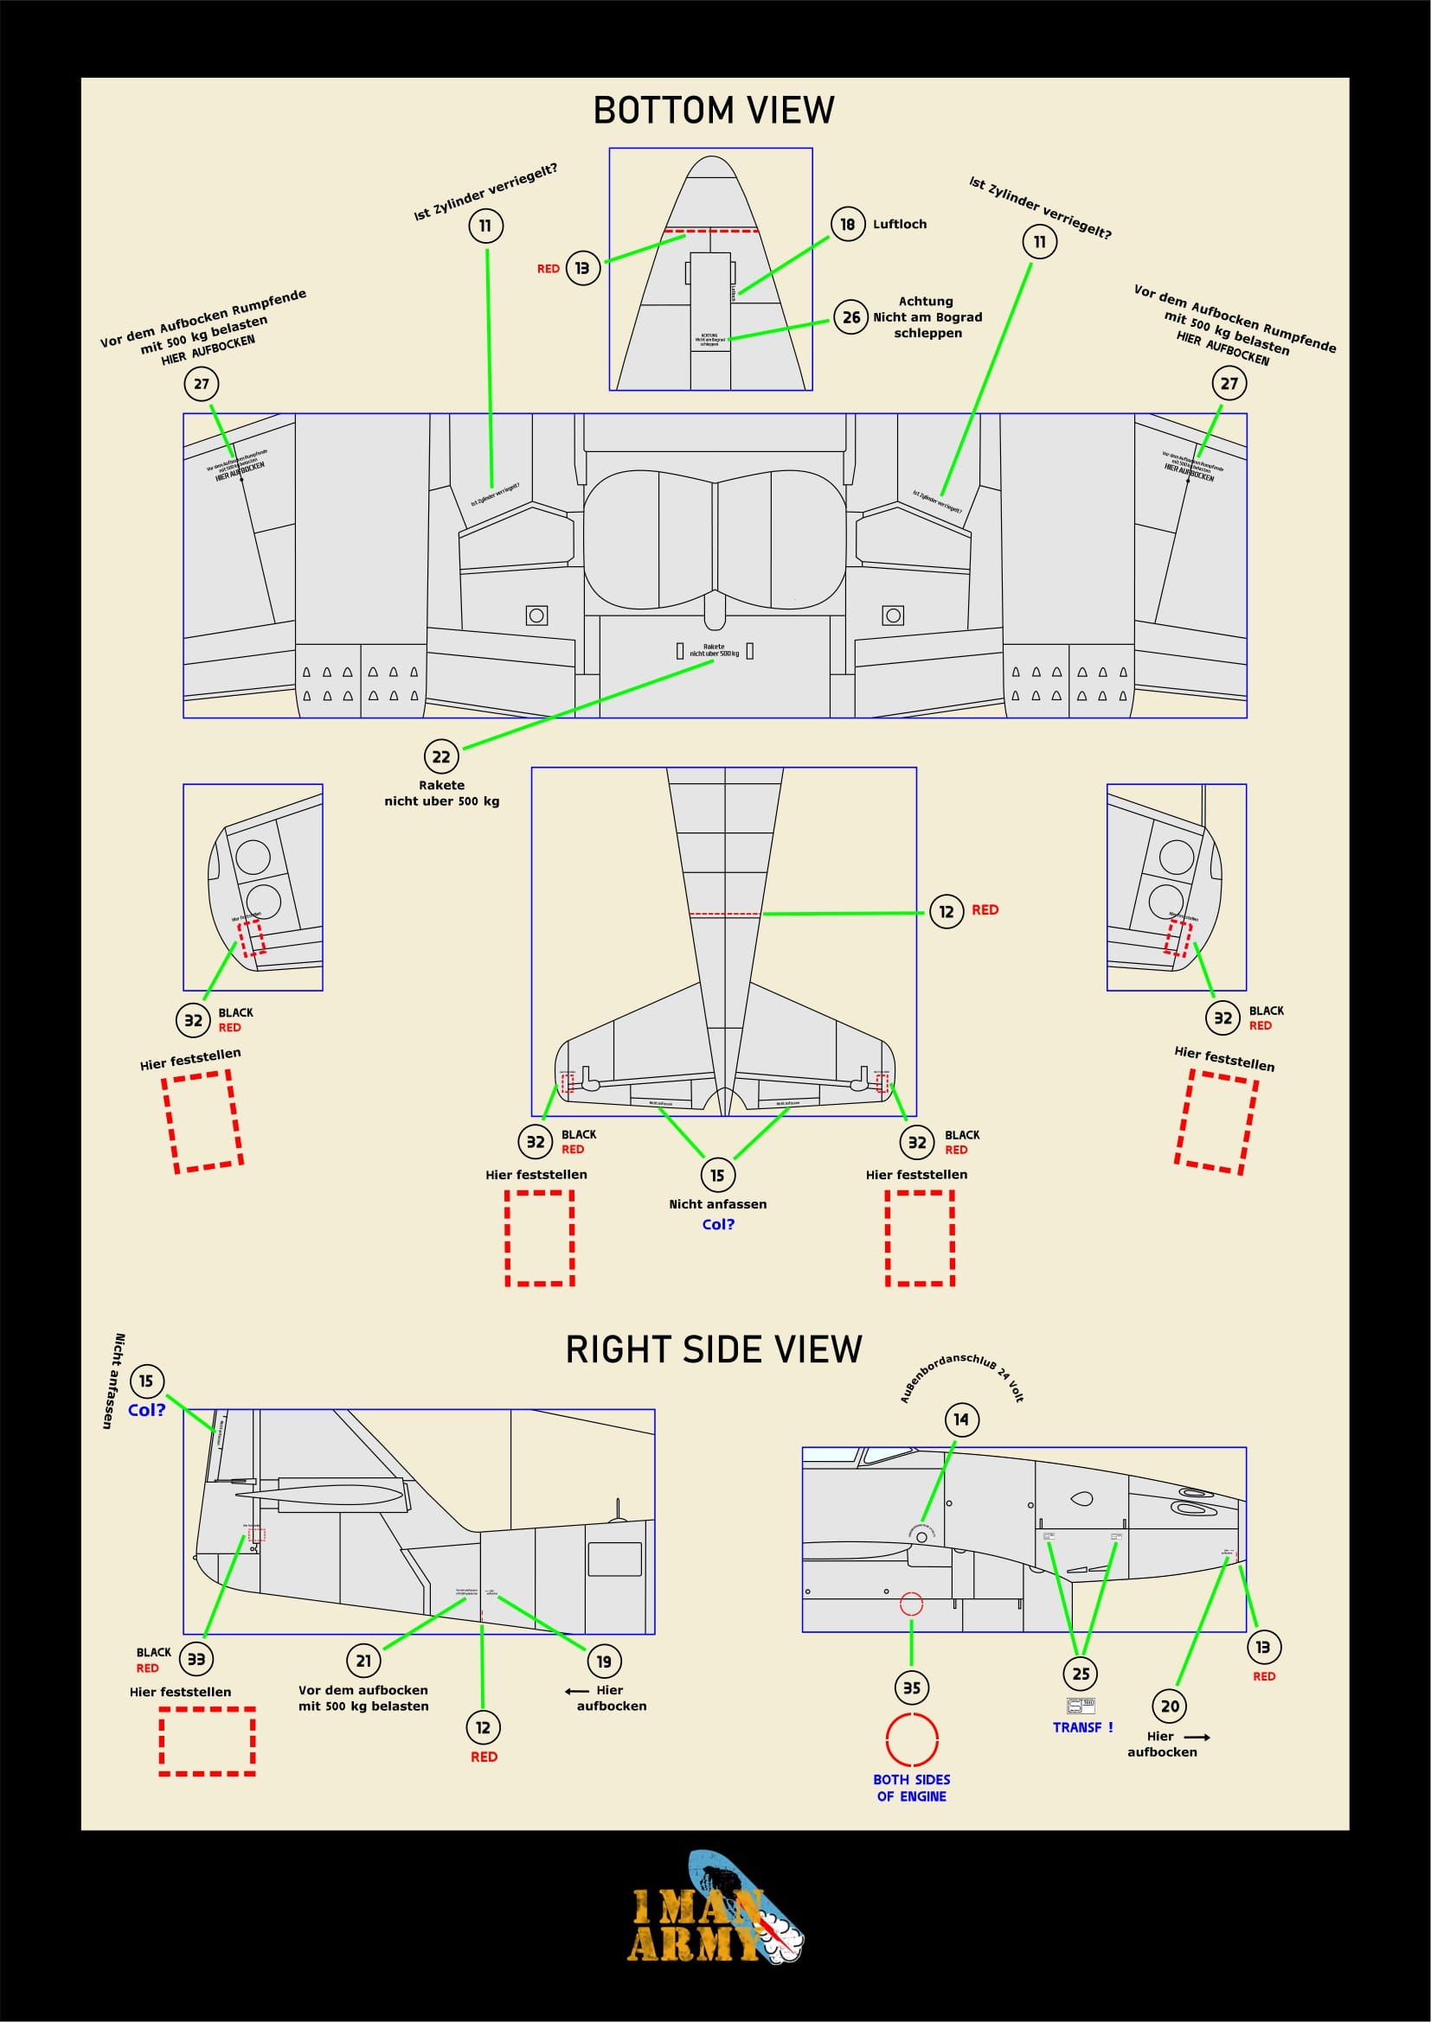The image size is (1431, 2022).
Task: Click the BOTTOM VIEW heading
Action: (714, 111)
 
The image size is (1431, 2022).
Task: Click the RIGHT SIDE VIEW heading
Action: (714, 1350)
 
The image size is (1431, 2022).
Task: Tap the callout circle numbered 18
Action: (847, 225)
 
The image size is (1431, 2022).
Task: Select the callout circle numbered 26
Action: (851, 317)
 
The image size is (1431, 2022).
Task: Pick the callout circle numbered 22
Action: (440, 756)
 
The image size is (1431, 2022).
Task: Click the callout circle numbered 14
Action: (960, 1419)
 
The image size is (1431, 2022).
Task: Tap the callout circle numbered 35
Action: (911, 1688)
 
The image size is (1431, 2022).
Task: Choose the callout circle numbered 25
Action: (1081, 1674)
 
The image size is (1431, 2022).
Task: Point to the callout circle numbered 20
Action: (1170, 1706)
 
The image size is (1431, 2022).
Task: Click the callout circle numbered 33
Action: (196, 1659)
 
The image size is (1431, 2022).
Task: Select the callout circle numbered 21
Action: (363, 1661)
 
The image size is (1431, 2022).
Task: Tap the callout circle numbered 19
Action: (604, 1662)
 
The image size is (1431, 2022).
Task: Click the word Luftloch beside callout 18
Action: (900, 225)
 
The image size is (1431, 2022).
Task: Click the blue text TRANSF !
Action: (1082, 1728)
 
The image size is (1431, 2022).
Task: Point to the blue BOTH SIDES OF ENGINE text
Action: (911, 1788)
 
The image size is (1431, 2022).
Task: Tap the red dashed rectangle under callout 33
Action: (207, 1741)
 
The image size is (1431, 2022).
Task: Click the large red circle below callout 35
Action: (911, 1739)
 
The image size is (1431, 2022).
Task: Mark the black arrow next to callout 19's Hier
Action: (577, 1691)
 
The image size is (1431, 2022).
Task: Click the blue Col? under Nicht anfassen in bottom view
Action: (718, 1224)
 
